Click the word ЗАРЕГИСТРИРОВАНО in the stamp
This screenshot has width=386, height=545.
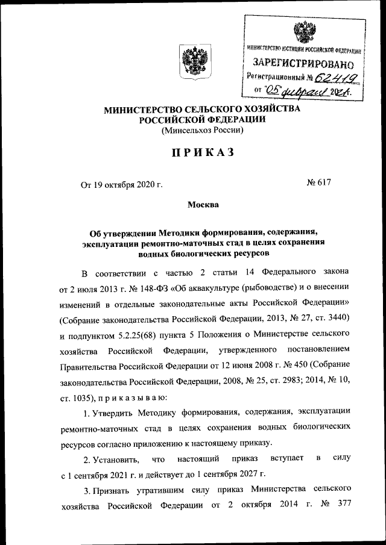point(302,63)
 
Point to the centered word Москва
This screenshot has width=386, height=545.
point(203,205)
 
